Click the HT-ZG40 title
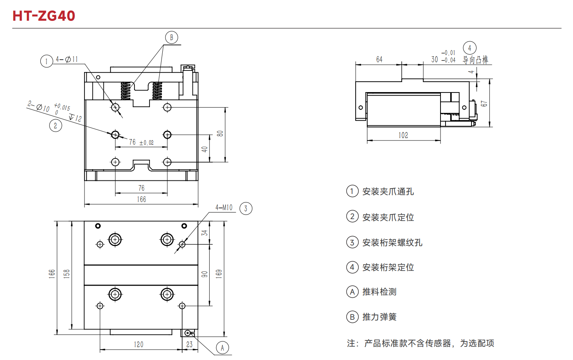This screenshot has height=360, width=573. (44, 16)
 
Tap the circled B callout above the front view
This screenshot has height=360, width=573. (171, 38)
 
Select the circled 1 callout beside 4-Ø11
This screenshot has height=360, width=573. (46, 61)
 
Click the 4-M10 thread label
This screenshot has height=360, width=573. (224, 207)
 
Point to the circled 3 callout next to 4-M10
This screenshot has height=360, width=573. (246, 209)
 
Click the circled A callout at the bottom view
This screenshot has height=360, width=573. (222, 348)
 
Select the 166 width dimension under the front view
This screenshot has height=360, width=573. (141, 199)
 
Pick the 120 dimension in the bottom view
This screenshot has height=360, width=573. (139, 345)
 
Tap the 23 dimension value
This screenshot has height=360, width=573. (189, 345)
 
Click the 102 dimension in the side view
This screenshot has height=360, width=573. (403, 135)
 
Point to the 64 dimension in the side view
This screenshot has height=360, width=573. (379, 60)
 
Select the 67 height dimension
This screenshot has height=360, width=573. (484, 103)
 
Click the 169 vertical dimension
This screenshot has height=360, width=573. (219, 274)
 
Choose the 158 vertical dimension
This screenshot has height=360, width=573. (67, 274)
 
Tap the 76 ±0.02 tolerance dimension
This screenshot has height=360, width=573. (141, 142)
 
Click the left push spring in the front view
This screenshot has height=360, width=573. (126, 91)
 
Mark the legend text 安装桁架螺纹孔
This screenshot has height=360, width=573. (392, 242)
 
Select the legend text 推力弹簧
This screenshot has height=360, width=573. (379, 317)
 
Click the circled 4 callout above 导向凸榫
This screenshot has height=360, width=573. (470, 48)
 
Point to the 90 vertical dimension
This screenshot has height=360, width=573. (205, 274)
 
